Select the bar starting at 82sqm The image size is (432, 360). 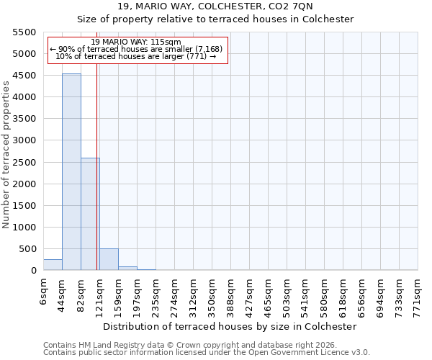[90, 214]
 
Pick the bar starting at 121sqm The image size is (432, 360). [109, 260]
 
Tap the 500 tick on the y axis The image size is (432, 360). [29, 249]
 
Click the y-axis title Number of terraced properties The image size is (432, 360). [6, 155]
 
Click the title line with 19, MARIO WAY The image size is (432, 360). [215, 6]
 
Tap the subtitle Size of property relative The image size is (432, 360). [215, 19]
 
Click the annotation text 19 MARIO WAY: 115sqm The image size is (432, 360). [136, 42]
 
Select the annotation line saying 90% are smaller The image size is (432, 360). [136, 49]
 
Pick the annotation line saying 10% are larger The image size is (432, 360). [136, 56]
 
